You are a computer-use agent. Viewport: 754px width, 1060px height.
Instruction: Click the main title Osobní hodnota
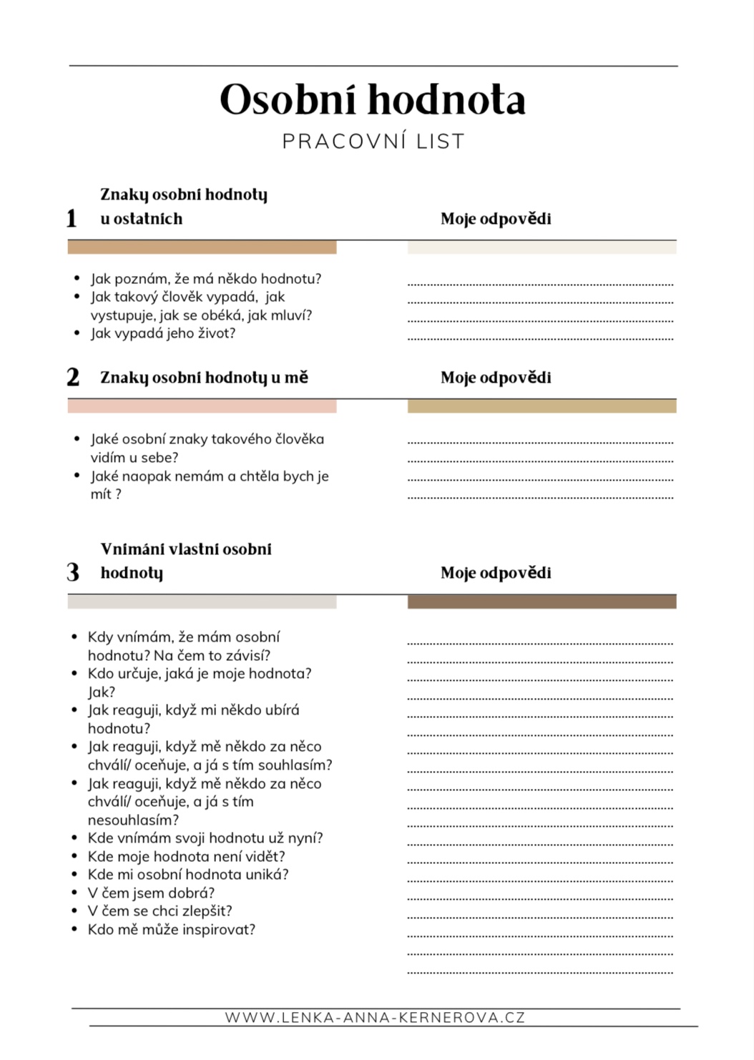tap(373, 99)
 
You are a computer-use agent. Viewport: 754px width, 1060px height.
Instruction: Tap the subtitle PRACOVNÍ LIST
tap(373, 142)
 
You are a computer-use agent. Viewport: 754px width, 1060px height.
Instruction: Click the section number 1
tap(72, 218)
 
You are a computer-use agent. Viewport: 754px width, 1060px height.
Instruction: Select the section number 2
tap(73, 377)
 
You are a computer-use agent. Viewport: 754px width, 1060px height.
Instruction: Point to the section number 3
tap(73, 572)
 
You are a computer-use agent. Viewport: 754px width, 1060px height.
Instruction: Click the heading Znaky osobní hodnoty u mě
tap(204, 377)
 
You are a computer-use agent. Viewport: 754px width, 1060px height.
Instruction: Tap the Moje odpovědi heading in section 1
tap(496, 219)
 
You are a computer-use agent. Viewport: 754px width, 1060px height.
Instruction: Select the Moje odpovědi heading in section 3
tap(496, 572)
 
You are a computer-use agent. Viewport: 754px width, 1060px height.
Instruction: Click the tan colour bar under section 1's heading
tap(202, 247)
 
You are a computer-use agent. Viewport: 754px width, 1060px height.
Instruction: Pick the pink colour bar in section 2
tap(202, 406)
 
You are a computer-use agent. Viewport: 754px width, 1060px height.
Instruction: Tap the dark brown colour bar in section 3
tap(542, 602)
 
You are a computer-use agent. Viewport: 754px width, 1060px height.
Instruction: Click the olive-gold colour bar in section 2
tap(542, 406)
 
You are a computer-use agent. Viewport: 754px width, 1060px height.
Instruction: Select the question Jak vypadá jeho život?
tap(163, 333)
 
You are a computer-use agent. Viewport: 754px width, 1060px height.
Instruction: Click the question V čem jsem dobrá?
tap(151, 893)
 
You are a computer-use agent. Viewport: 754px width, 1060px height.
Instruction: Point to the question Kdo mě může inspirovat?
tap(172, 929)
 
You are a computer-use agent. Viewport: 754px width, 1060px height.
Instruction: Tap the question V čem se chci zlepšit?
tap(160, 911)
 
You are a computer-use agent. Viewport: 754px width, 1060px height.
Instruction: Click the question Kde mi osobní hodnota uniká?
tap(188, 874)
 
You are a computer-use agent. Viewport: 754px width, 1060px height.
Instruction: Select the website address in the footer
tap(375, 1017)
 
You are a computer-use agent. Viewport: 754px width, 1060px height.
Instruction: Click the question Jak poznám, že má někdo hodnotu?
tap(206, 279)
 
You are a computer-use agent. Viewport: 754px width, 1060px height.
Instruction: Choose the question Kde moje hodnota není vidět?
tap(186, 856)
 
